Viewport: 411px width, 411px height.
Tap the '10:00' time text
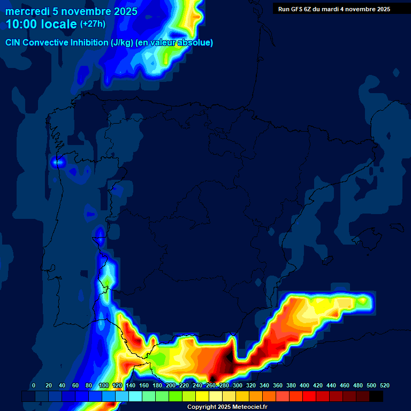click(21, 24)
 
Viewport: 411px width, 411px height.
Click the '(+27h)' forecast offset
click(93, 24)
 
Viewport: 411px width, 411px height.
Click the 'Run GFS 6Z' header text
click(295, 9)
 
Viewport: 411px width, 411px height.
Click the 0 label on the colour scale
click(34, 386)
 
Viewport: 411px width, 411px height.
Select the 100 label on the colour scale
click(103, 386)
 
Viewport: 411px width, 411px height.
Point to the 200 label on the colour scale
click(170, 386)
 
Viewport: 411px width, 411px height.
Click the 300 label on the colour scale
click(237, 386)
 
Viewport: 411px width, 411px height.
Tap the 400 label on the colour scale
click(304, 386)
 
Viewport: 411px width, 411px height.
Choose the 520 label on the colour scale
click(384, 386)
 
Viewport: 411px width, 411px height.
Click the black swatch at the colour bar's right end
click(376, 397)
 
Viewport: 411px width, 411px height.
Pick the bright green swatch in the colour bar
click(176, 397)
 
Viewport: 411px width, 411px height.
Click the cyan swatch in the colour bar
click(135, 397)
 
